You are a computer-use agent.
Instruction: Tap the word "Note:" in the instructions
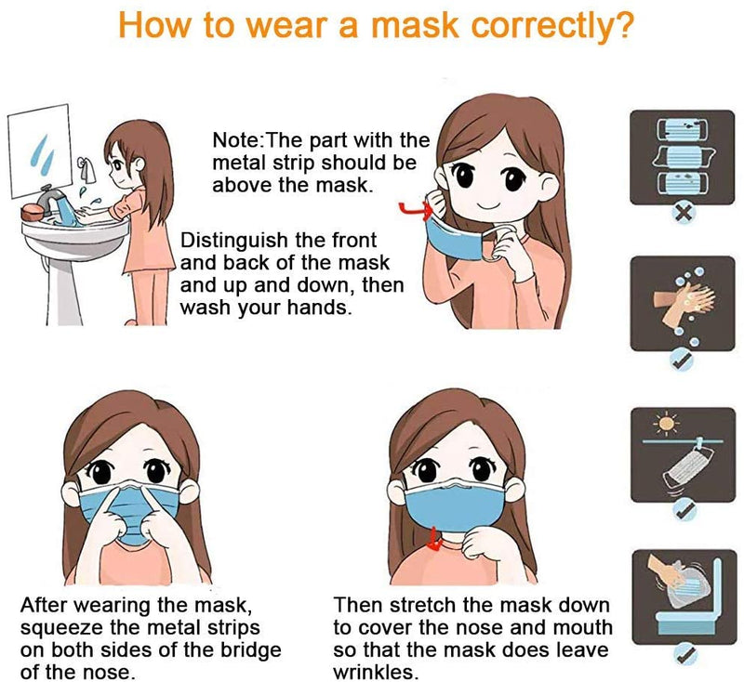pyautogui.click(x=239, y=142)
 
